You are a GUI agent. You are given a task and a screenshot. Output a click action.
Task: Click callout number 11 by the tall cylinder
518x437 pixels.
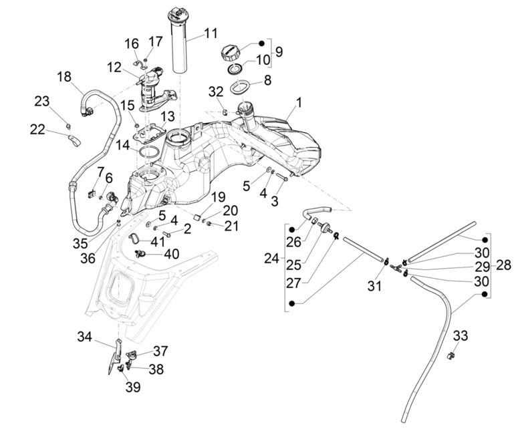pyautogui.click(x=211, y=33)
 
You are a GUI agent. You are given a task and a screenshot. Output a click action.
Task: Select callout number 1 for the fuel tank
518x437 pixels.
pyautogui.click(x=299, y=103)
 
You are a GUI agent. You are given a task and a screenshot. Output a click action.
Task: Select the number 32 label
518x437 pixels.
pyautogui.click(x=216, y=91)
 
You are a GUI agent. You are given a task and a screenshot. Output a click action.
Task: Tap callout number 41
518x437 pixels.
pyautogui.click(x=157, y=241)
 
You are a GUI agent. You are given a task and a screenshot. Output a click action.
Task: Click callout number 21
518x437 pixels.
pyautogui.click(x=231, y=226)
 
